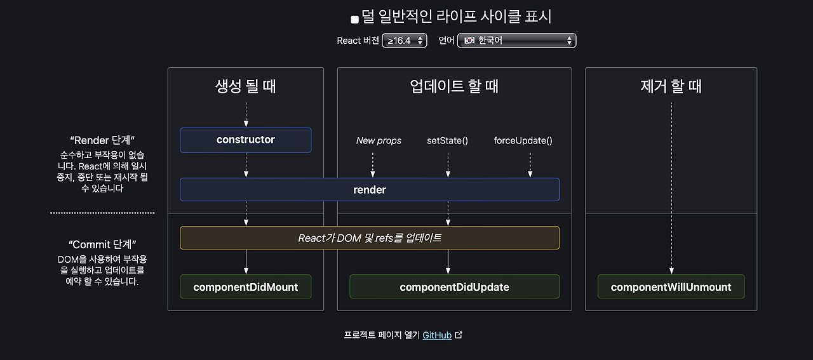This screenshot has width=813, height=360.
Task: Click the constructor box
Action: [x=245, y=140]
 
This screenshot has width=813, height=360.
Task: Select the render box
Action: [x=369, y=189]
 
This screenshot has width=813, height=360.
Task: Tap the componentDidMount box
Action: [x=245, y=286]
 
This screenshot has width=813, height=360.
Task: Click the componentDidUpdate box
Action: [x=454, y=286]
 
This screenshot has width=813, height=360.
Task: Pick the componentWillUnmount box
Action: [x=671, y=286]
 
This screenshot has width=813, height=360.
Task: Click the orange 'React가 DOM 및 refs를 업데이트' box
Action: [x=369, y=238]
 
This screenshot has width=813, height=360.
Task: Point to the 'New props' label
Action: [x=379, y=140]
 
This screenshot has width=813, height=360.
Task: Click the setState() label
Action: [x=447, y=140]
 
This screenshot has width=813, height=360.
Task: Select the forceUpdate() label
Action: [x=523, y=140]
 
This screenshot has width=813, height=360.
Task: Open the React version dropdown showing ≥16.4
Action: [x=404, y=41]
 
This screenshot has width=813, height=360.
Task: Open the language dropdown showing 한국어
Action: [x=516, y=41]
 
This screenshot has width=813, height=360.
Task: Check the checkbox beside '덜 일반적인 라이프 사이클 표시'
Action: [x=354, y=19]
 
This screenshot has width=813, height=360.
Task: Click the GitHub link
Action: [x=437, y=335]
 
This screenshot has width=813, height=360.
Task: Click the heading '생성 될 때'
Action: [x=245, y=86]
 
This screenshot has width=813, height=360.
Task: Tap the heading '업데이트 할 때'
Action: [x=454, y=86]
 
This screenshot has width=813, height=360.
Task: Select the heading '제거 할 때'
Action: [x=671, y=86]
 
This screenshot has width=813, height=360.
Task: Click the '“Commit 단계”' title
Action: [x=102, y=244]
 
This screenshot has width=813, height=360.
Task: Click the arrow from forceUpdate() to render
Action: [x=529, y=164]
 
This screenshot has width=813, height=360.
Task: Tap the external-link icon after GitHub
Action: [x=459, y=335]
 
